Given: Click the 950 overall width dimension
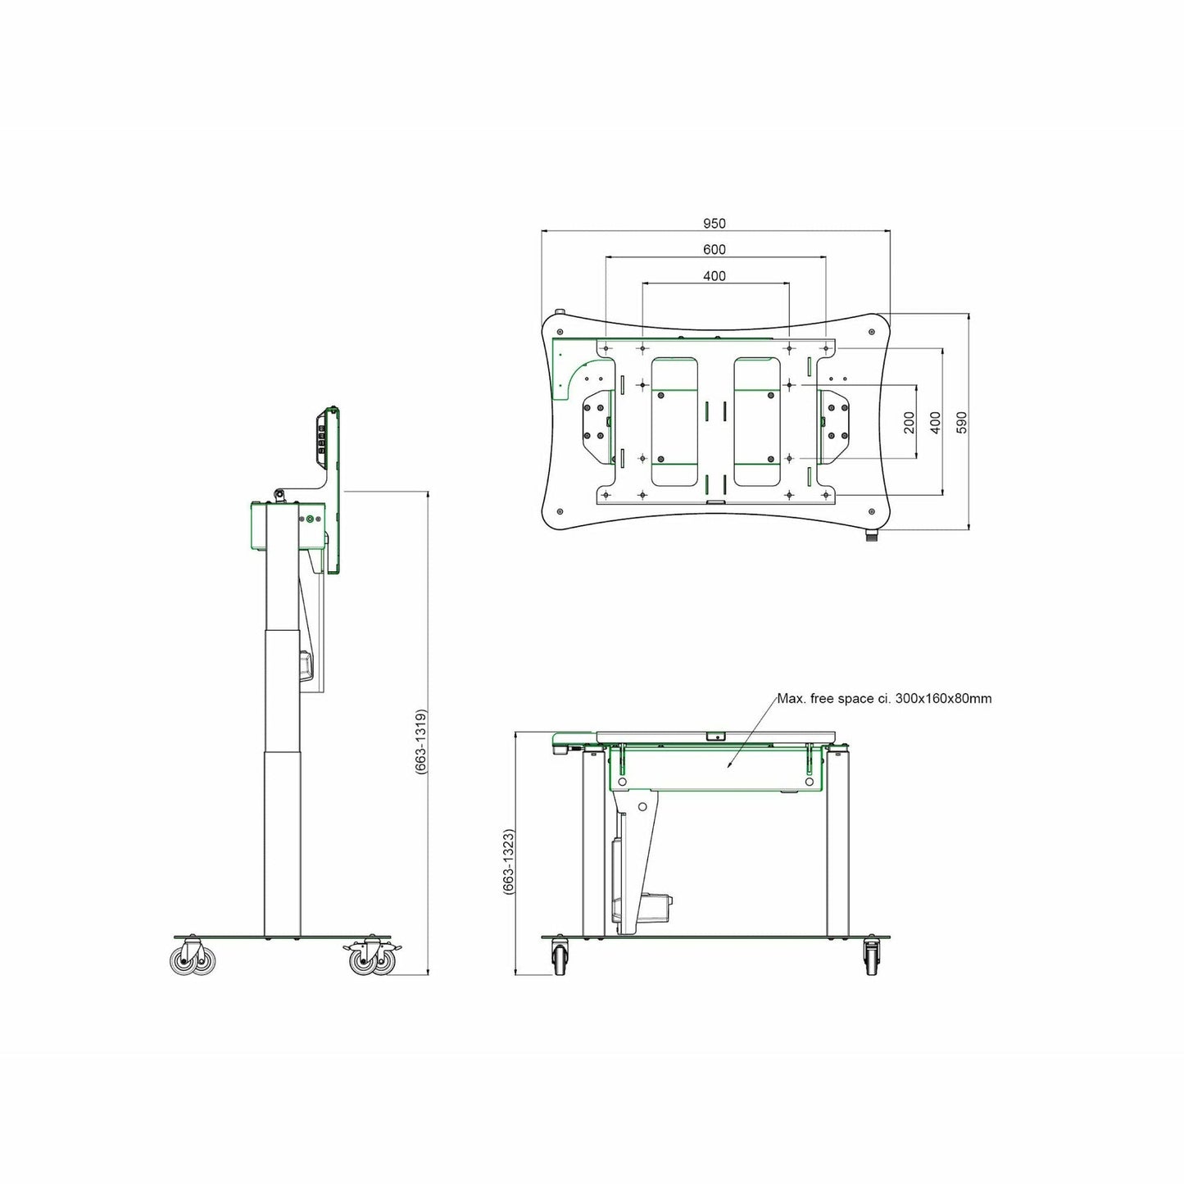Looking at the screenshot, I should [714, 223].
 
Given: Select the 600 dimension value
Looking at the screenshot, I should [714, 250].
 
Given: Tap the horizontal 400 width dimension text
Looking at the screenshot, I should [714, 276].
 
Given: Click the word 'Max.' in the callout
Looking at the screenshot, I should [790, 698].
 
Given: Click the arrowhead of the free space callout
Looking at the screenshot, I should [727, 767].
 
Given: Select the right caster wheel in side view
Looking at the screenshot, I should [371, 960].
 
